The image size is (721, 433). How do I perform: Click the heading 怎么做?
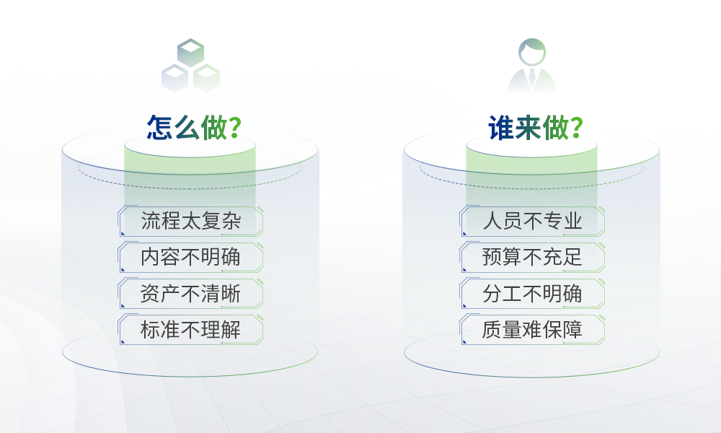[x=193, y=128]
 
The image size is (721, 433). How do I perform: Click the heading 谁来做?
[x=535, y=128]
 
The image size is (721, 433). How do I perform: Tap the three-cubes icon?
[x=190, y=66]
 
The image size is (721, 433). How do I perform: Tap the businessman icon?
[x=532, y=66]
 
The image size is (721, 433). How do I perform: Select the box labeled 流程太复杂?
[x=190, y=221]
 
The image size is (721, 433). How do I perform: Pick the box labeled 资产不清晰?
[x=190, y=294]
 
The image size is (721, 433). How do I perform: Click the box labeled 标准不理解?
[x=190, y=330]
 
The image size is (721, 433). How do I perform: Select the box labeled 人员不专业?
[x=532, y=221]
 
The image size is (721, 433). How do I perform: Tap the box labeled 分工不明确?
[x=532, y=294]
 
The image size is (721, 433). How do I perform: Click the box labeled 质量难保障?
[x=532, y=330]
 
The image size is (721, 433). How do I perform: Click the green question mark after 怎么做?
[x=234, y=128]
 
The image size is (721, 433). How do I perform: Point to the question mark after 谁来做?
[x=575, y=128]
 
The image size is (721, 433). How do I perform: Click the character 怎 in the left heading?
[x=159, y=128]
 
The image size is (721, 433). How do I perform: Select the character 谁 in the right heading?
[x=501, y=128]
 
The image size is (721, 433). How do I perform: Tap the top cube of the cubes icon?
[x=190, y=53]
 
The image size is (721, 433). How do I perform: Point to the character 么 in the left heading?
[x=187, y=128]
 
